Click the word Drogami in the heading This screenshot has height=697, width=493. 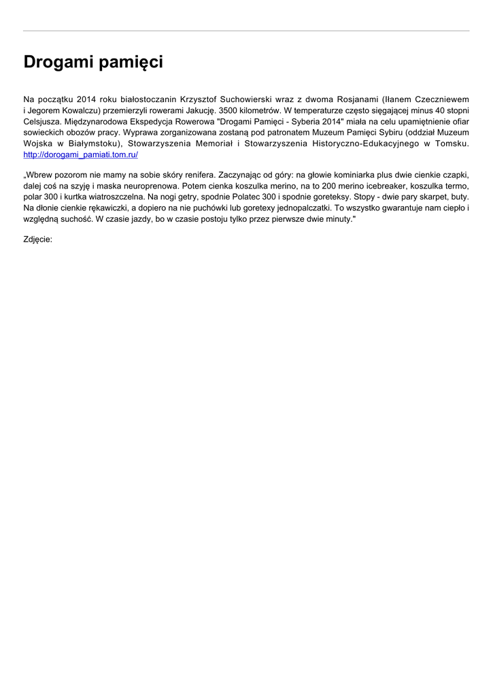pyautogui.click(x=58, y=63)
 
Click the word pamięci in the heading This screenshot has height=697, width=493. pyautogui.click(x=131, y=63)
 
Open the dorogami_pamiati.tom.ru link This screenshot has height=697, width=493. pyautogui.click(x=81, y=155)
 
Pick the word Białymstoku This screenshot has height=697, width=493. pyautogui.click(x=95, y=144)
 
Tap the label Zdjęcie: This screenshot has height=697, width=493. pyautogui.click(x=38, y=240)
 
